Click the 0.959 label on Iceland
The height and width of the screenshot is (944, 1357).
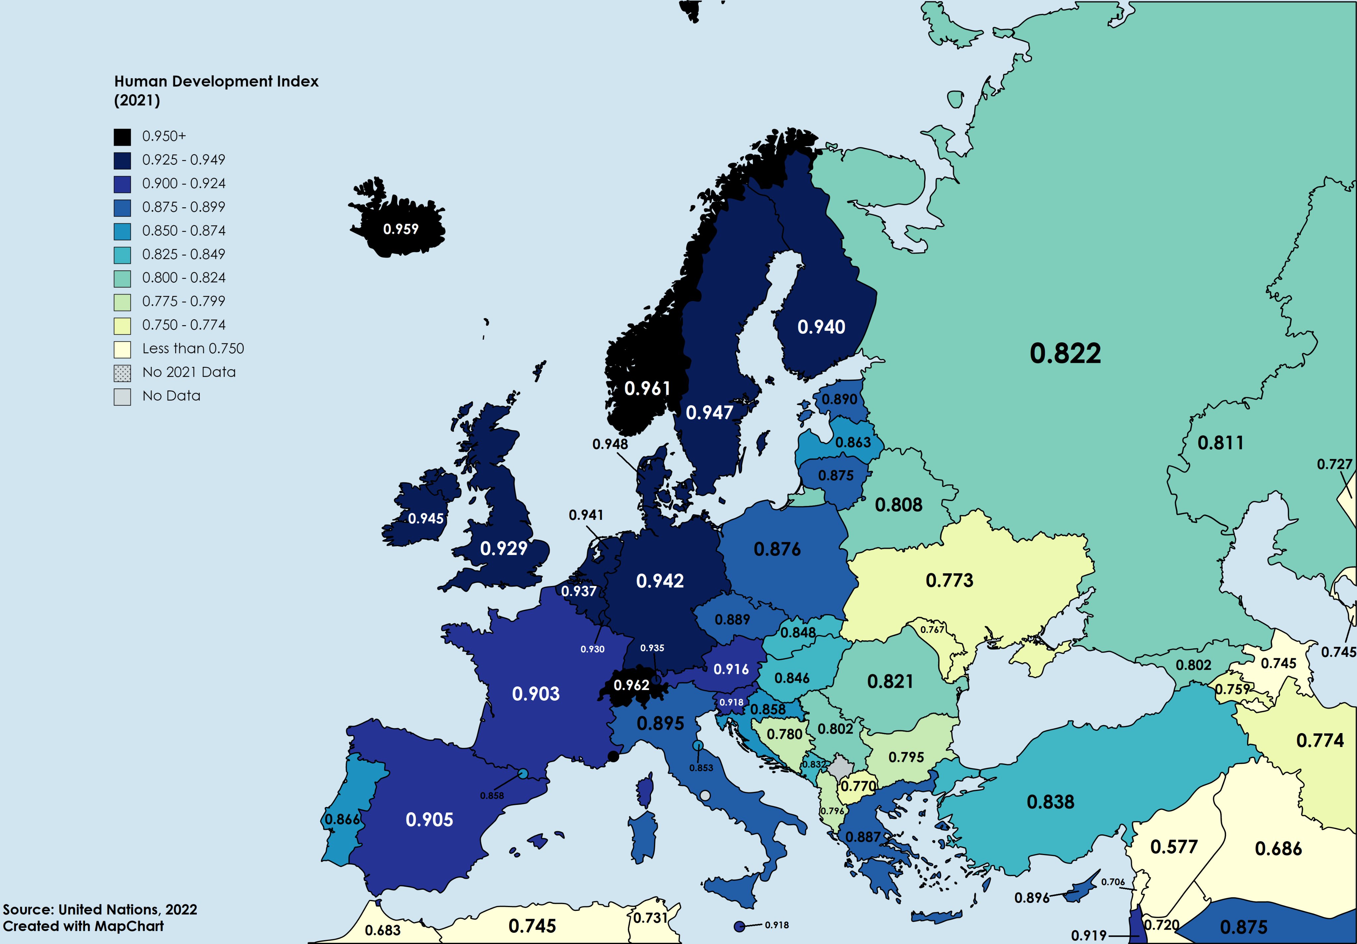pos(401,229)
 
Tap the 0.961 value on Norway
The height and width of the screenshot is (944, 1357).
pos(647,389)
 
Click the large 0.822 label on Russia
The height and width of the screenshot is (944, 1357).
pos(1065,353)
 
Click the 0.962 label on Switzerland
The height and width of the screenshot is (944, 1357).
pos(631,685)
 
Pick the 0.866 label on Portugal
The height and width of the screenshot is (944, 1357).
pos(342,820)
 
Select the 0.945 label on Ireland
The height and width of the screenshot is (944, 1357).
pos(425,519)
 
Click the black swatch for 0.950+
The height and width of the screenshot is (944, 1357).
pos(122,137)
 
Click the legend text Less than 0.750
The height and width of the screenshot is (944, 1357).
pos(193,349)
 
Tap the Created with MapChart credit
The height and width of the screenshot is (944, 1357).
pos(83,926)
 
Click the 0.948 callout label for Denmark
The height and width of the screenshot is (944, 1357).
pos(610,444)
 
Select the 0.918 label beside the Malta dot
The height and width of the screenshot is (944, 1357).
pos(777,925)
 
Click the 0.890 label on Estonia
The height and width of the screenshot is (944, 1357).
pos(839,399)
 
